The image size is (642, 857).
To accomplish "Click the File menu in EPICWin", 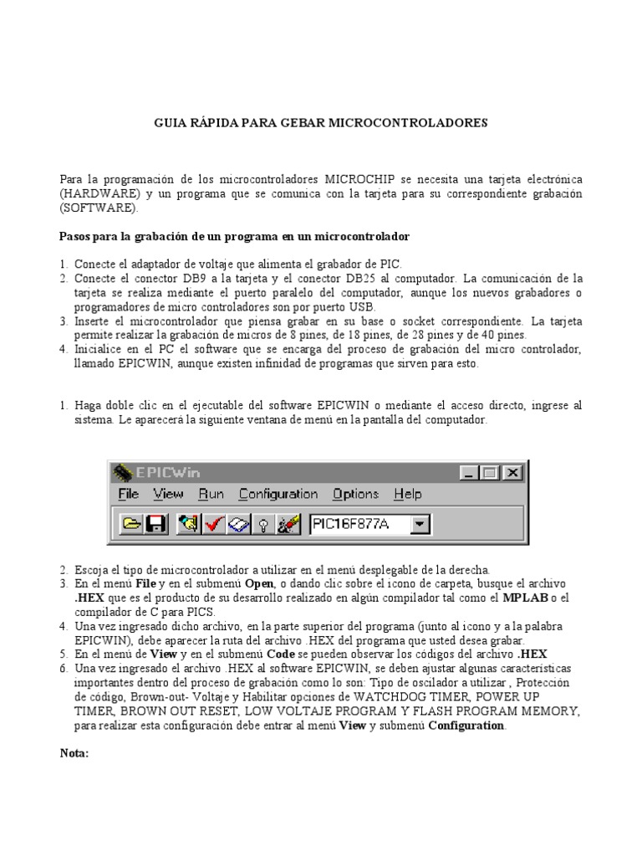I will coord(128,495).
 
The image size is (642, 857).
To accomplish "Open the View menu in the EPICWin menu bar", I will coord(168,495).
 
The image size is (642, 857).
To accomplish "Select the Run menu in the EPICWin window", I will coord(211,495).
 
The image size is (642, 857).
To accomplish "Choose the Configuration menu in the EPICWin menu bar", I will coord(278,495).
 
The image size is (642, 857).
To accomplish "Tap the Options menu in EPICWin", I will coord(355,495).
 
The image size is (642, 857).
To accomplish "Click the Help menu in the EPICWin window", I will coord(407,495).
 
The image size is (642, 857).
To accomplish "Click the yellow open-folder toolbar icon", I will coord(131,525).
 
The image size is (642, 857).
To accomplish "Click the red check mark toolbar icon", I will coord(213,525).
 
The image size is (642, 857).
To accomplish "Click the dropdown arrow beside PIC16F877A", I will coord(420,525).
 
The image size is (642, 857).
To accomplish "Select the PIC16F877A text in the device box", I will coord(350,525).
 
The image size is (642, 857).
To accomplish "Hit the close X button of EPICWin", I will coord(512,473).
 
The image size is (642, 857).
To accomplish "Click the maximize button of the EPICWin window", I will coord(491,473).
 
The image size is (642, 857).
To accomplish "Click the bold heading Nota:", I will coord(74,753).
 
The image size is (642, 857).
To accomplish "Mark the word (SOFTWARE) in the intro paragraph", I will coord(99,207).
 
